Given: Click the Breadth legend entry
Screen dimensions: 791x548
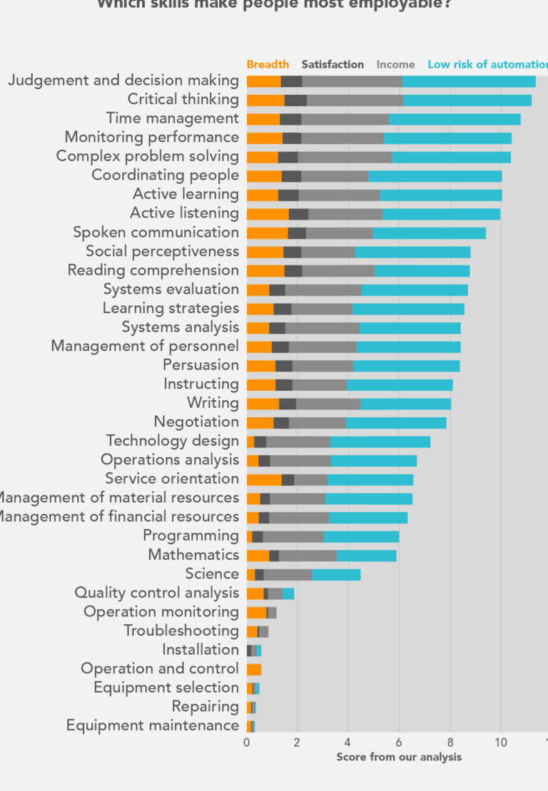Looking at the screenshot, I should click(268, 64).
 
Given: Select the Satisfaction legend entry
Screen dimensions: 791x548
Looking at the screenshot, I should click(333, 64).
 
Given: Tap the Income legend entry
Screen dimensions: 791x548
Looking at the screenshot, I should click(395, 64).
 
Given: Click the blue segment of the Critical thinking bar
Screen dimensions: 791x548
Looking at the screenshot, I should click(467, 100).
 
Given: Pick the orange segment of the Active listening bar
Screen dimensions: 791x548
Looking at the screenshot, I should click(268, 213).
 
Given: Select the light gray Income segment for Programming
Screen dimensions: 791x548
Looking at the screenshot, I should click(293, 536).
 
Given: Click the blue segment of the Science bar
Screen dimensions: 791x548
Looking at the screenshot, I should click(336, 574).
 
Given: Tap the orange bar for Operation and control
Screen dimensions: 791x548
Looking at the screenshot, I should click(254, 669).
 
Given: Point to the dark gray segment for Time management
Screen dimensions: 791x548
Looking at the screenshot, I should click(290, 118).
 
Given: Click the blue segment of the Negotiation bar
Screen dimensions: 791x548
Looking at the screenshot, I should click(396, 422).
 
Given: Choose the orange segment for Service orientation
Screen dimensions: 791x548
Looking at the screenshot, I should click(264, 479).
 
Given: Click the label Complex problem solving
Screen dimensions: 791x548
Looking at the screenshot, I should click(147, 156).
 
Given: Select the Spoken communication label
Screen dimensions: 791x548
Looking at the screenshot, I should click(156, 233).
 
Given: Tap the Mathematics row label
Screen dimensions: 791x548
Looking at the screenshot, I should click(193, 555).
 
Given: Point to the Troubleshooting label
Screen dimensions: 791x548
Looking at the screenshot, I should click(181, 631).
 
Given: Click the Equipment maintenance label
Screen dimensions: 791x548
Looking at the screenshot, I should click(153, 725).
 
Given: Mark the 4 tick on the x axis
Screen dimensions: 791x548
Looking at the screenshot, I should click(348, 742).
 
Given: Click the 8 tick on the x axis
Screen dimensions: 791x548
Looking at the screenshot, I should click(450, 742).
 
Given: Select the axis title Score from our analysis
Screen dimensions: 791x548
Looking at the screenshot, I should click(399, 757).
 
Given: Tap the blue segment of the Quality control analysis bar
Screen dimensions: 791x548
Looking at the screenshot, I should click(288, 593).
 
